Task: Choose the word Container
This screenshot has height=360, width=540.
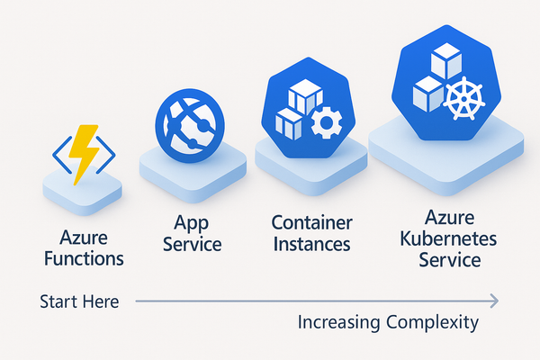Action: coord(311,222)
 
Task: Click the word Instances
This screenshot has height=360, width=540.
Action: coord(311,244)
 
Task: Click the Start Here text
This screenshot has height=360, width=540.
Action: coord(79,301)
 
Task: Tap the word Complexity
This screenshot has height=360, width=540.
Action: coord(431,323)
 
